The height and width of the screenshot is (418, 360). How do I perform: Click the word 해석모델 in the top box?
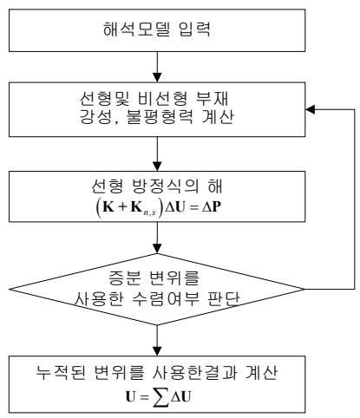(x=137, y=29)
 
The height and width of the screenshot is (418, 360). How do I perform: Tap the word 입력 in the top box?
(x=194, y=29)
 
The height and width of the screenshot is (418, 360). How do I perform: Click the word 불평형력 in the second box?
(x=160, y=116)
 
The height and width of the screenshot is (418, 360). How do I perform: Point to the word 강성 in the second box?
(x=96, y=117)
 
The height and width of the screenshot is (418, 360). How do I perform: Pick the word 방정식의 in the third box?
(x=165, y=186)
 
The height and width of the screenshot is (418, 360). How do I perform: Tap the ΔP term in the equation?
(x=212, y=206)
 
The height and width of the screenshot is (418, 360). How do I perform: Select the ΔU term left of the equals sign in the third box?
(x=174, y=206)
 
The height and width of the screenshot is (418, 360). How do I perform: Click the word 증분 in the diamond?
(x=125, y=278)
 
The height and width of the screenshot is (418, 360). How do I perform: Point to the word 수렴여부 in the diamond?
(x=166, y=299)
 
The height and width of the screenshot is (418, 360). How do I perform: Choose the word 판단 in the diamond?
(x=224, y=299)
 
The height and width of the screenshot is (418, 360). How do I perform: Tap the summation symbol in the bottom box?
(x=160, y=397)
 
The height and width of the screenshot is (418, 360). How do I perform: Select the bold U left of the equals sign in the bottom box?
(x=130, y=396)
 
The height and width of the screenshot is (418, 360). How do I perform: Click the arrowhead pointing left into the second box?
(x=311, y=109)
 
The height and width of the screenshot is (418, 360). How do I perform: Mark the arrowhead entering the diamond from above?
(x=157, y=249)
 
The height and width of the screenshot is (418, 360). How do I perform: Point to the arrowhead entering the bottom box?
(x=157, y=351)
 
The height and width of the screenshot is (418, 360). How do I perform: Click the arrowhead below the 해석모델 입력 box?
(x=157, y=77)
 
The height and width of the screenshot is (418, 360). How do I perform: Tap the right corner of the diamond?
(x=304, y=289)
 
